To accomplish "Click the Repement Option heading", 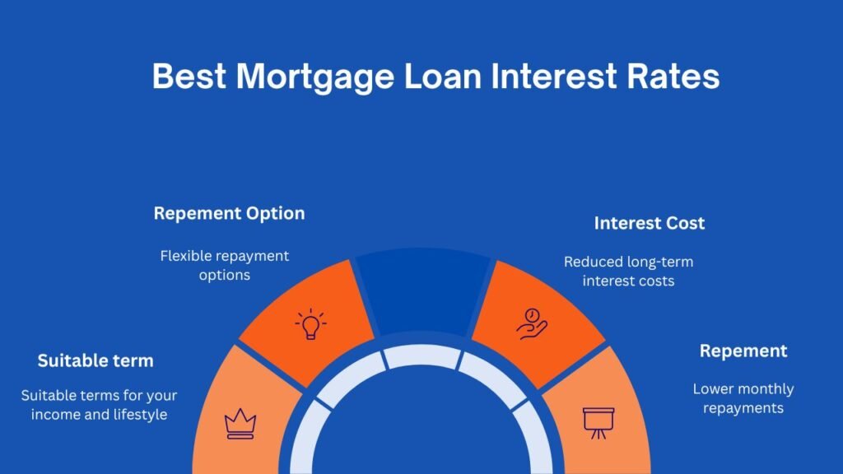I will click(229, 213).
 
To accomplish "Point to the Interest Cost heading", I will click(650, 223).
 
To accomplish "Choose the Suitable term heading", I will click(95, 360).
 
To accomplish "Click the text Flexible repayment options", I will click(225, 265).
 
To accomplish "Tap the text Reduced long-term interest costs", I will click(628, 271).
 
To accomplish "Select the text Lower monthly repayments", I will click(743, 397).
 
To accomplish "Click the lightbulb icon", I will click(310, 324).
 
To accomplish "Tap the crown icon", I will click(240, 424).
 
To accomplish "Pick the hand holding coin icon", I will click(531, 323).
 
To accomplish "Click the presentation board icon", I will click(598, 421).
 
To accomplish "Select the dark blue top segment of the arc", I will click(422, 288).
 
